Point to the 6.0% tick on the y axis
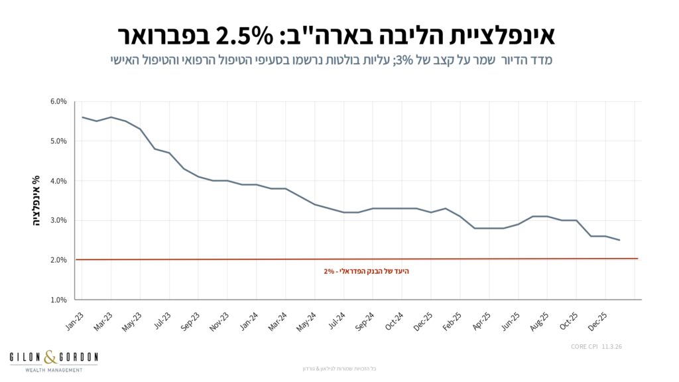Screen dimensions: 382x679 [58, 101]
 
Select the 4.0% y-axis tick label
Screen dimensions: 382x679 [58, 180]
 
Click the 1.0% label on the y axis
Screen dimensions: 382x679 [58, 300]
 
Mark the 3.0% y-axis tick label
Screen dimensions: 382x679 [58, 220]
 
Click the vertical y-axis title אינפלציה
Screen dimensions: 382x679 [37, 201]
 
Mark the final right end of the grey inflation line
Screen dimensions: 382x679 [619, 240]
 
